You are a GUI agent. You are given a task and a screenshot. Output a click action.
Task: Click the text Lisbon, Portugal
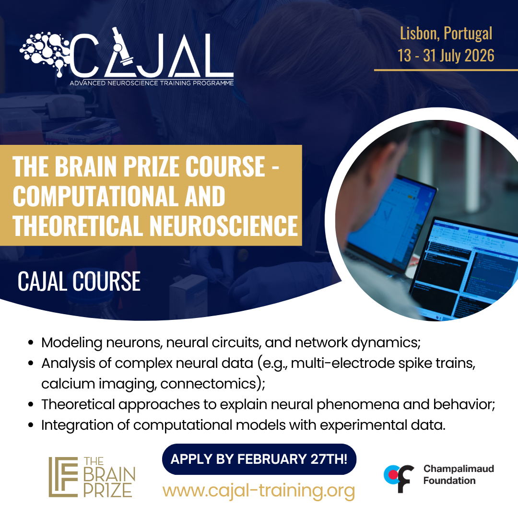click(x=446, y=34)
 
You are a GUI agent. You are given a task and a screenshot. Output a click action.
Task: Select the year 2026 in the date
click(x=479, y=56)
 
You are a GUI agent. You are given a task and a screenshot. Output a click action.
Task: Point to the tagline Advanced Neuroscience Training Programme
click(x=152, y=83)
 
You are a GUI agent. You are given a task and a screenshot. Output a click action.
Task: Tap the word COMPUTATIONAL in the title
click(x=94, y=196)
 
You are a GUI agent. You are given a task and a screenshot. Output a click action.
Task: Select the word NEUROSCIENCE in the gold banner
click(x=224, y=226)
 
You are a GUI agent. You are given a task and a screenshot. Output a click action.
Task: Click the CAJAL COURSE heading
click(x=79, y=282)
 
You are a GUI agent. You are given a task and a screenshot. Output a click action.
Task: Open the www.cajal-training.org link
click(x=259, y=491)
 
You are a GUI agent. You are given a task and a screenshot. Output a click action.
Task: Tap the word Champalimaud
click(x=459, y=469)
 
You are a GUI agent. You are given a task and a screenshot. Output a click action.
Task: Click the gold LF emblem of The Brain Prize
click(x=63, y=477)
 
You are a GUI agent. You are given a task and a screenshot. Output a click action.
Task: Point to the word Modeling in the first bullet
click(x=71, y=343)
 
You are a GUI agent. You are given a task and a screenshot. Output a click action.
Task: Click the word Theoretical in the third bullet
click(x=79, y=405)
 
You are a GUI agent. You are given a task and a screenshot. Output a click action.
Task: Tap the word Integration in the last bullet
click(x=77, y=425)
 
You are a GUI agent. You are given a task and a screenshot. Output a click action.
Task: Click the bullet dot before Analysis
click(x=31, y=363)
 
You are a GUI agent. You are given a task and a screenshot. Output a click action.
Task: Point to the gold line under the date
click(x=446, y=70)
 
